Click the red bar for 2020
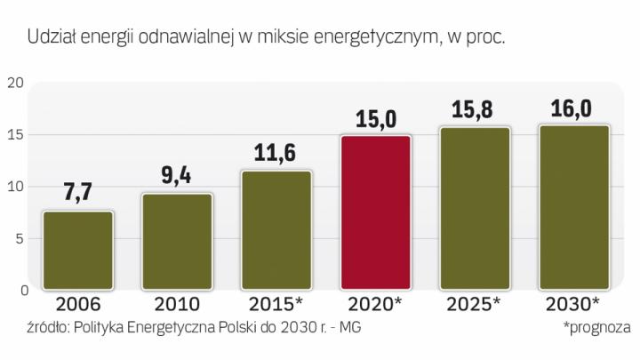tap(376, 212)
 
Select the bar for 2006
tap(78, 250)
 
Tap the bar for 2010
tap(178, 241)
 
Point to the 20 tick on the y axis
tap(13, 84)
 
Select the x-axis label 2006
tap(78, 303)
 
